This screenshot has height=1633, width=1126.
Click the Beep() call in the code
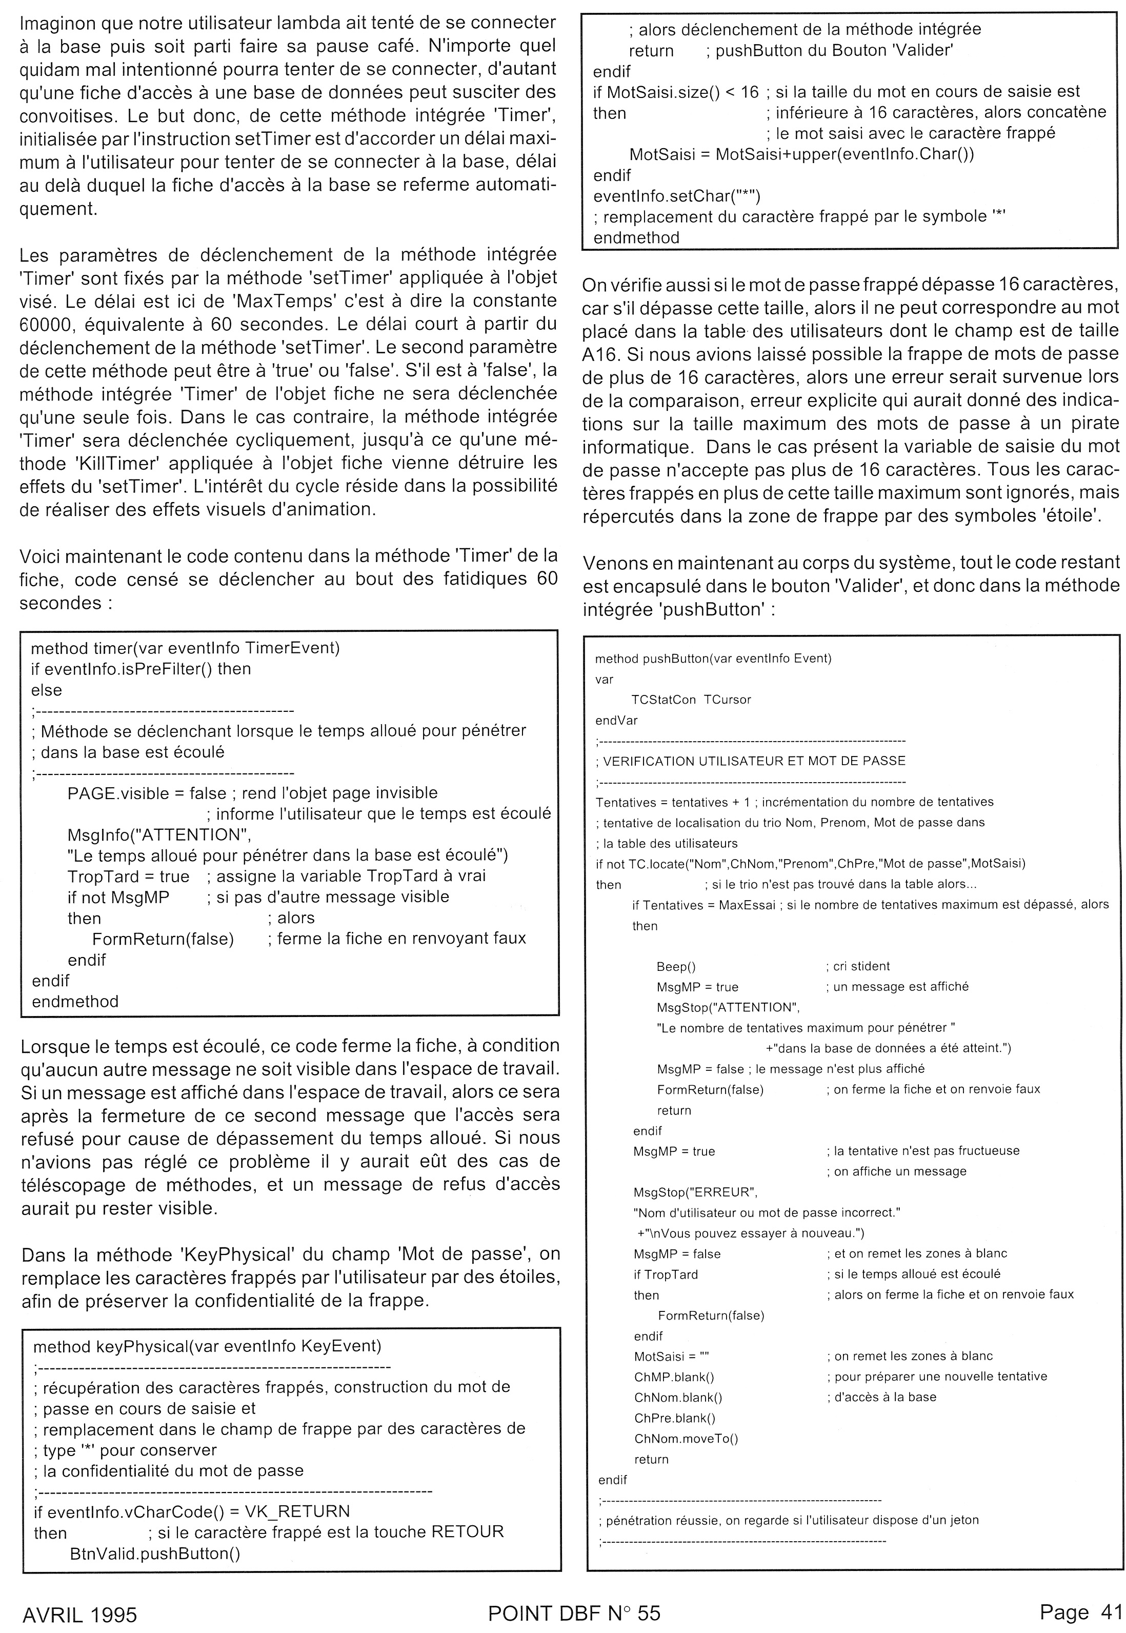tap(675, 966)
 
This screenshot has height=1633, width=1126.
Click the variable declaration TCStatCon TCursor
tap(691, 700)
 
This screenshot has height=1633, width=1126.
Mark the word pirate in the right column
tap(1092, 424)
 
